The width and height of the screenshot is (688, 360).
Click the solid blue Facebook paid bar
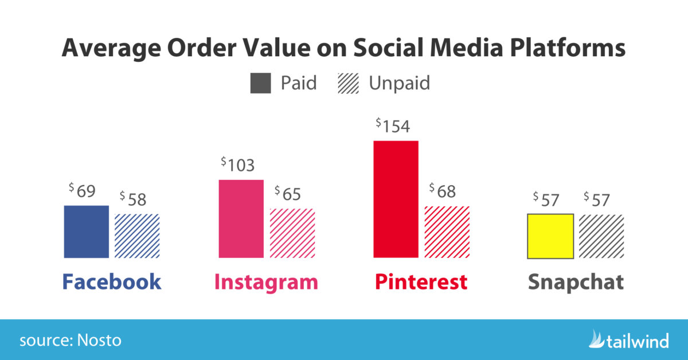(x=86, y=232)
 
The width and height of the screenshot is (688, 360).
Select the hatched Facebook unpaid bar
(x=137, y=236)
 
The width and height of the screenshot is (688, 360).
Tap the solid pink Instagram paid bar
(x=241, y=218)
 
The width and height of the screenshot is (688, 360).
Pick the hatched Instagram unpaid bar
(x=292, y=233)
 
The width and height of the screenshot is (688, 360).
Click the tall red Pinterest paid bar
(x=396, y=199)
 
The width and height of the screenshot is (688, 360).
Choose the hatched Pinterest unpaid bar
(x=447, y=232)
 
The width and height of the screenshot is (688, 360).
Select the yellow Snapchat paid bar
(x=550, y=236)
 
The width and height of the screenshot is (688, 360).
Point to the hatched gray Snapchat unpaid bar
(x=601, y=236)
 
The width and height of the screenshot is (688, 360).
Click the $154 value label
(x=393, y=126)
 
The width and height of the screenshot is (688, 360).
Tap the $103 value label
(x=238, y=165)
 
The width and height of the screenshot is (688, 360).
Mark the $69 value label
(x=82, y=191)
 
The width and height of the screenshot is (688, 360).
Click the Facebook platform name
(x=112, y=282)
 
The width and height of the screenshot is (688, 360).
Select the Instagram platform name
(x=266, y=282)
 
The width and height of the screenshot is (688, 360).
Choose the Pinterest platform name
(x=421, y=282)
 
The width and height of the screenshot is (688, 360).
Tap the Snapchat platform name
(x=576, y=282)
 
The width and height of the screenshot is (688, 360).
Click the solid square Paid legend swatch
(x=261, y=83)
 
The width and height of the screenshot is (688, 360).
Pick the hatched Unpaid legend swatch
(x=349, y=83)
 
